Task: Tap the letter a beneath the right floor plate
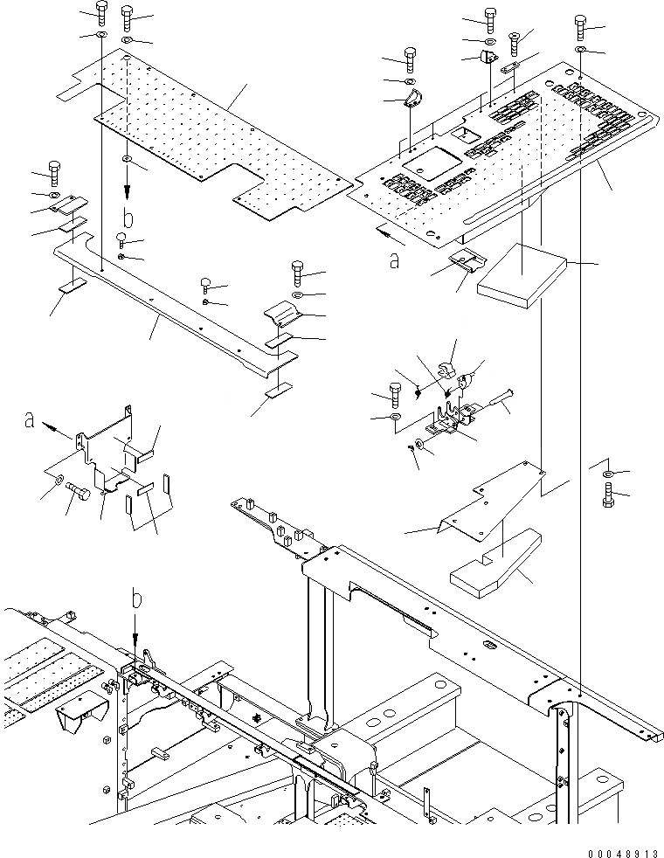coord(395,259)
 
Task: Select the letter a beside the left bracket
coord(31,421)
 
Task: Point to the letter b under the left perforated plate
coord(128,217)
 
